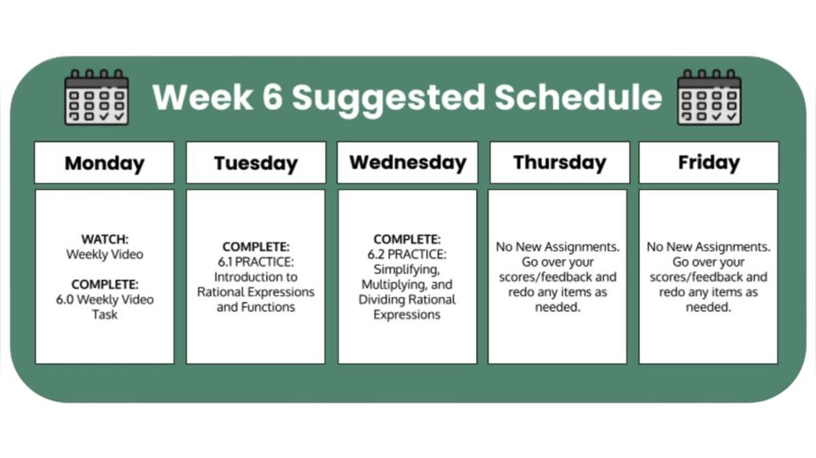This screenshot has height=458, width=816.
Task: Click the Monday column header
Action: click(x=104, y=163)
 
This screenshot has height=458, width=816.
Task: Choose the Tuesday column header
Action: click(x=256, y=163)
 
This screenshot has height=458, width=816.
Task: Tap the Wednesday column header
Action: click(x=407, y=162)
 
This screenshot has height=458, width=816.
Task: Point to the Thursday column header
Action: click(x=559, y=162)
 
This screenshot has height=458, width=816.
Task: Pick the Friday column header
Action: click(x=709, y=162)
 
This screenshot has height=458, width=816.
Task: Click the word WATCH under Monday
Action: click(x=105, y=240)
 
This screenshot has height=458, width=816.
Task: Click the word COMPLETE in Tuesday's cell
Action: click(x=256, y=247)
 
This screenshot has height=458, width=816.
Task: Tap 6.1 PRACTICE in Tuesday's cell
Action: click(x=256, y=262)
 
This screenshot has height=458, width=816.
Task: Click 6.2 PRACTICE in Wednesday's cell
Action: click(x=407, y=255)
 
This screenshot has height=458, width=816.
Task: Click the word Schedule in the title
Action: click(x=578, y=97)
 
